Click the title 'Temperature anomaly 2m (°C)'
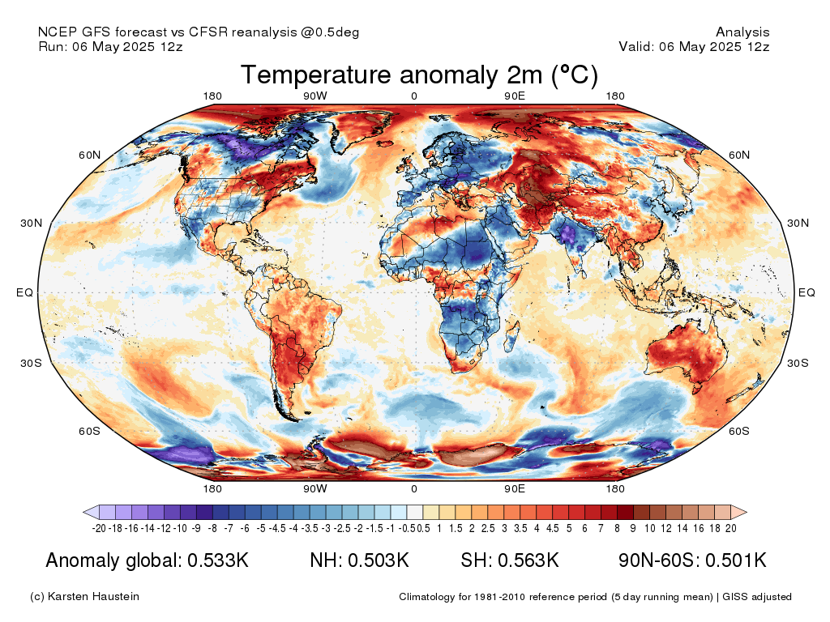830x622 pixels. click(x=419, y=75)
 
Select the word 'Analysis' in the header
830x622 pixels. click(x=742, y=32)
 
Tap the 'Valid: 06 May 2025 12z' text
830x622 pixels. click(x=694, y=47)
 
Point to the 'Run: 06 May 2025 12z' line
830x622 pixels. click(x=110, y=47)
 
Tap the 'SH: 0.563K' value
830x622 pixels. click(x=510, y=560)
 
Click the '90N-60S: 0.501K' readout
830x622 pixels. click(x=692, y=560)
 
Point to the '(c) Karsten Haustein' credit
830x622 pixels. click(x=84, y=597)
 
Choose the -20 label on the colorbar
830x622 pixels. click(x=100, y=529)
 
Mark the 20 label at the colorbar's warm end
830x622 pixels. click(x=730, y=529)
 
